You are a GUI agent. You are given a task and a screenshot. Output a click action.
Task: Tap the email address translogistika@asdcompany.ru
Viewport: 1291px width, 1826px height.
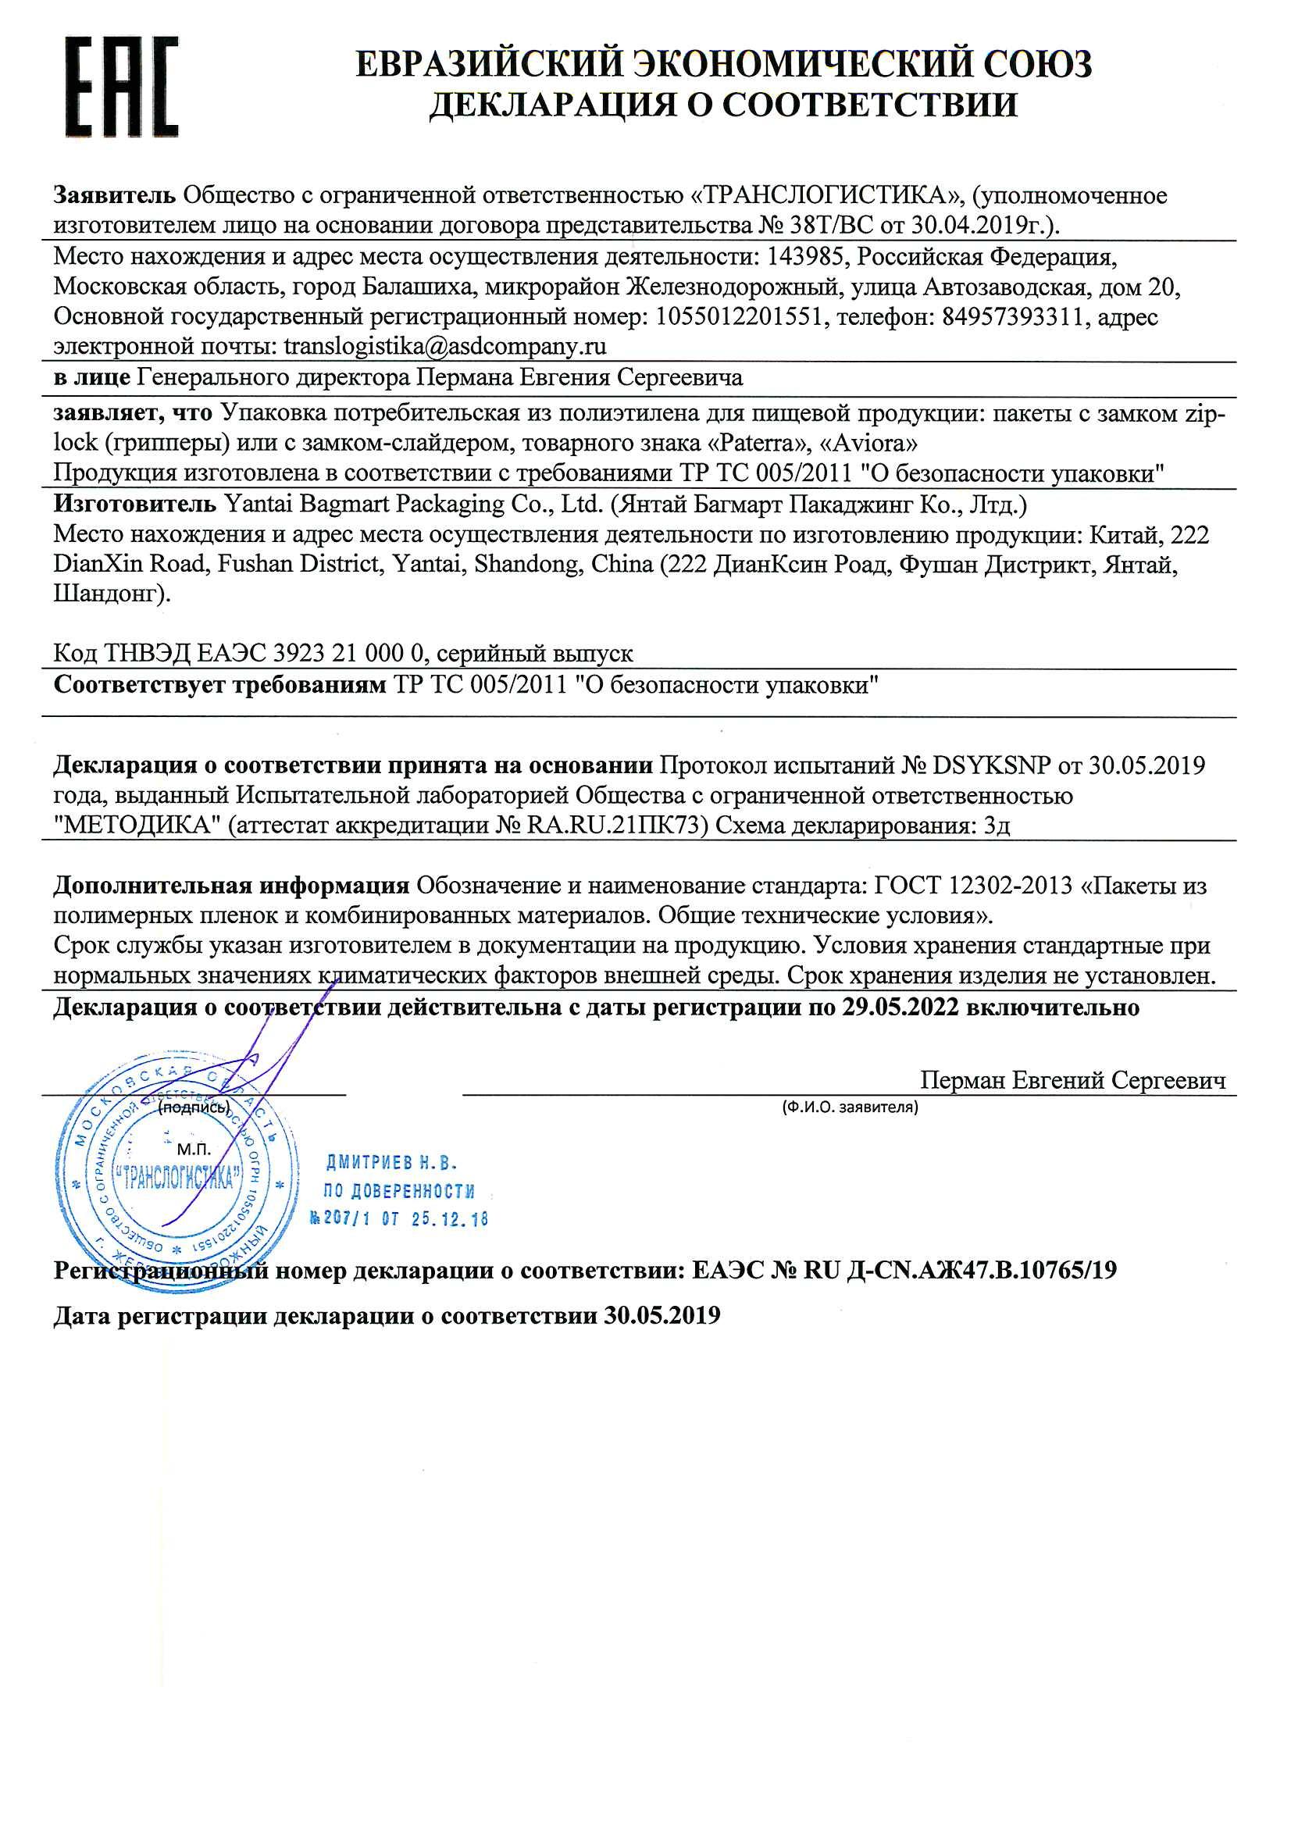(444, 347)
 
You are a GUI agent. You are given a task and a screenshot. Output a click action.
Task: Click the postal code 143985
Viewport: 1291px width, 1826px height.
(804, 258)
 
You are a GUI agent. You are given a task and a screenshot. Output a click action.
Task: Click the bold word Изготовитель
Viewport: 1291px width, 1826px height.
(134, 505)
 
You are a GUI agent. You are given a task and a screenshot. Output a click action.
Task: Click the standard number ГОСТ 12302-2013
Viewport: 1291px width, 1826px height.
(974, 886)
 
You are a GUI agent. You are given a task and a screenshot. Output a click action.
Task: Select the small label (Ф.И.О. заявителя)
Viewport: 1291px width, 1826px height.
(850, 1106)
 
